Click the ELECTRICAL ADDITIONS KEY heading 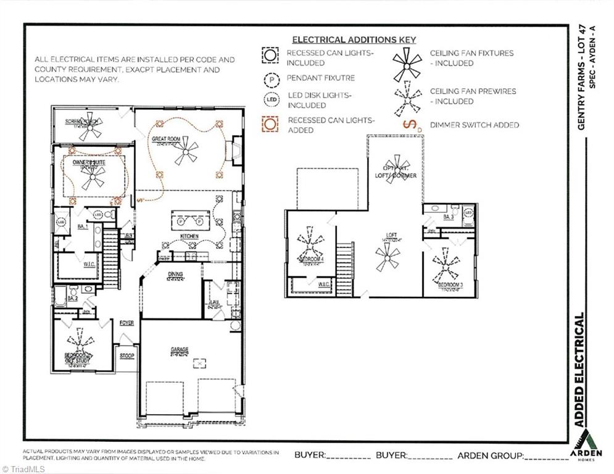point(354,39)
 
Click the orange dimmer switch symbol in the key point(409,125)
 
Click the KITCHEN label point(189,237)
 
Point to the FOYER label point(127,323)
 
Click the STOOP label point(127,356)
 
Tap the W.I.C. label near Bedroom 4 point(323,285)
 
